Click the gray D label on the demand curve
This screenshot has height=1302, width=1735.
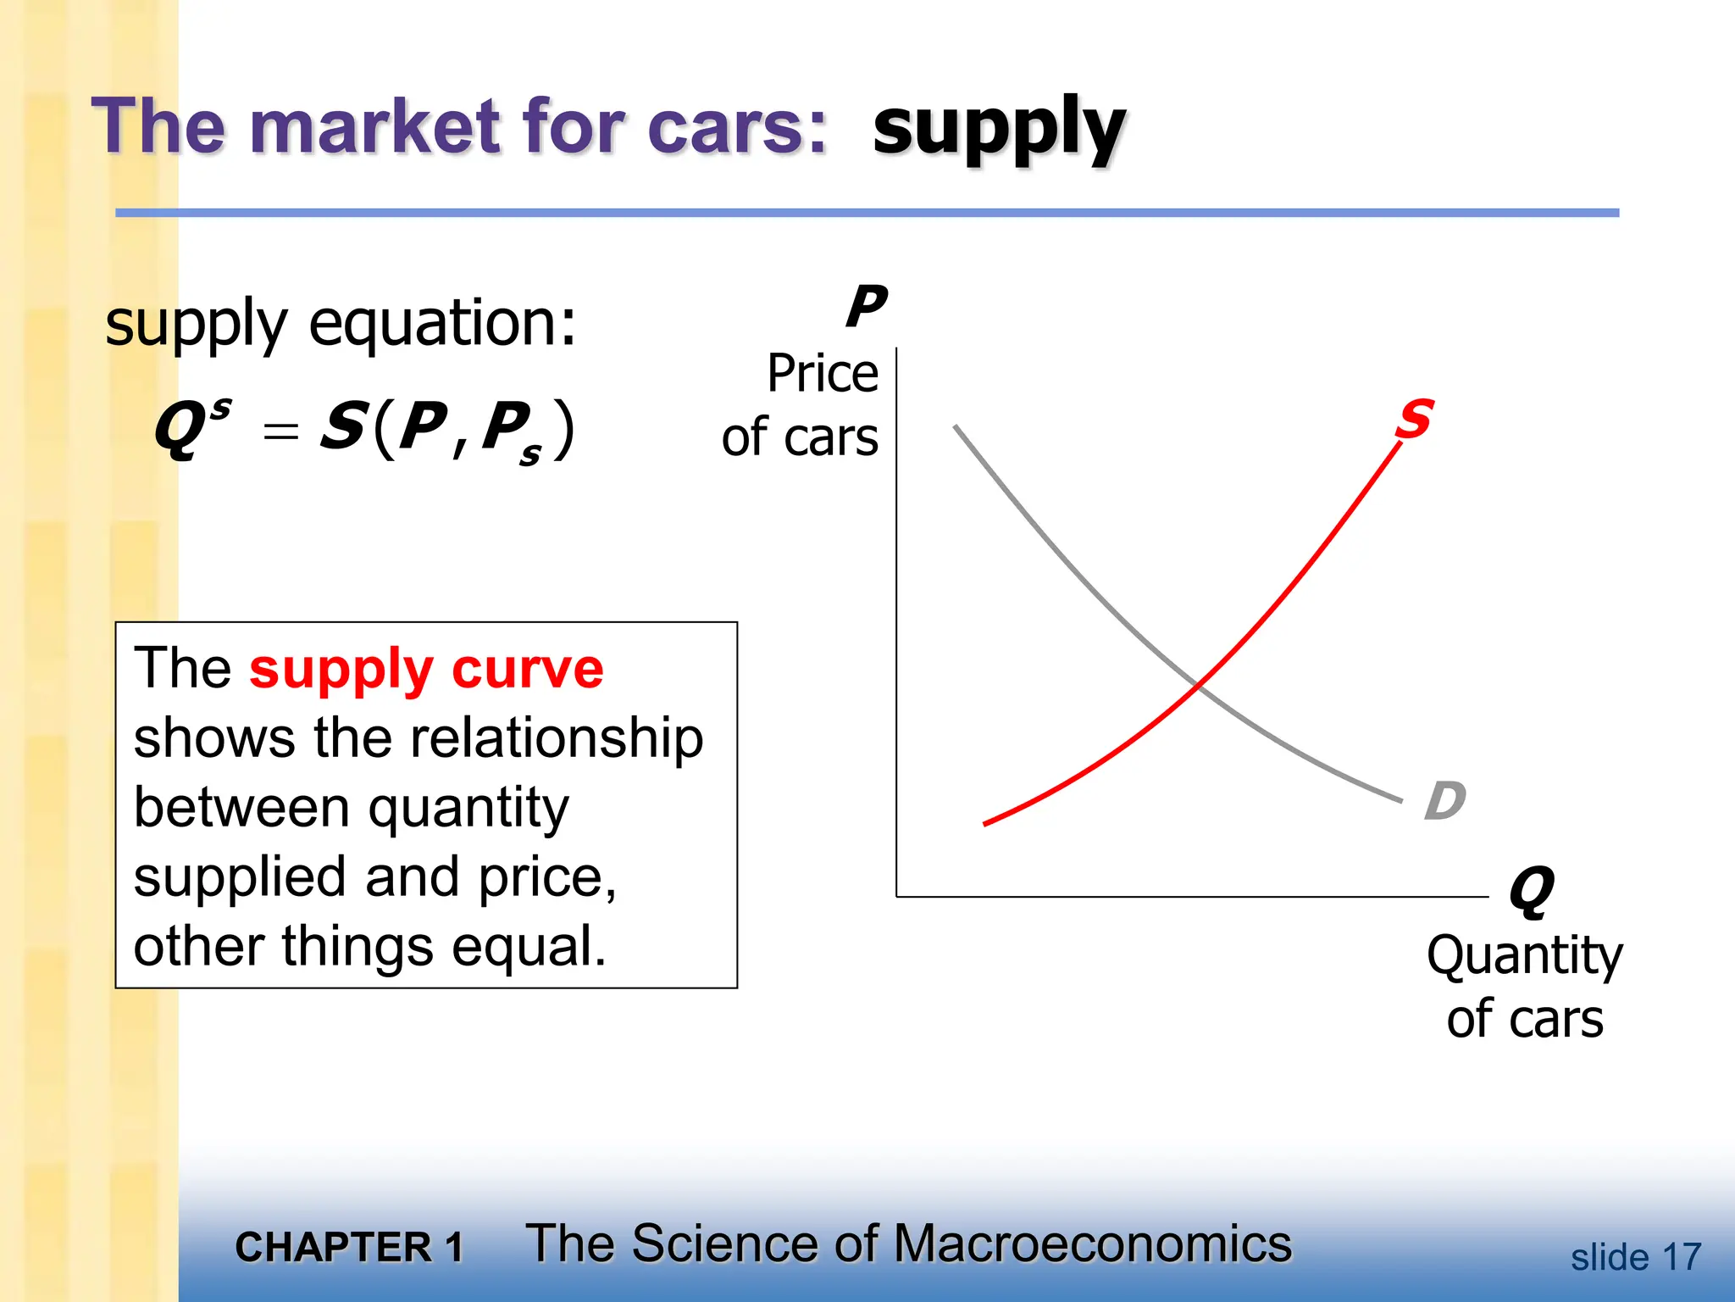click(1444, 801)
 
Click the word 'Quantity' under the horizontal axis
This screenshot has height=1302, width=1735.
click(1524, 955)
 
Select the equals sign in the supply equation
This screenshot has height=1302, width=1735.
click(280, 431)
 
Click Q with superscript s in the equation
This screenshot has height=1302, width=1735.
click(191, 426)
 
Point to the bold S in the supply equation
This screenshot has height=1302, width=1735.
click(343, 426)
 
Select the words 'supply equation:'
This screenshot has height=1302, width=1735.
click(341, 325)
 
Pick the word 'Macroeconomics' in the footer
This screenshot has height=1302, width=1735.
click(1092, 1244)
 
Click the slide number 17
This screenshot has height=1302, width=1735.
click(1681, 1257)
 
